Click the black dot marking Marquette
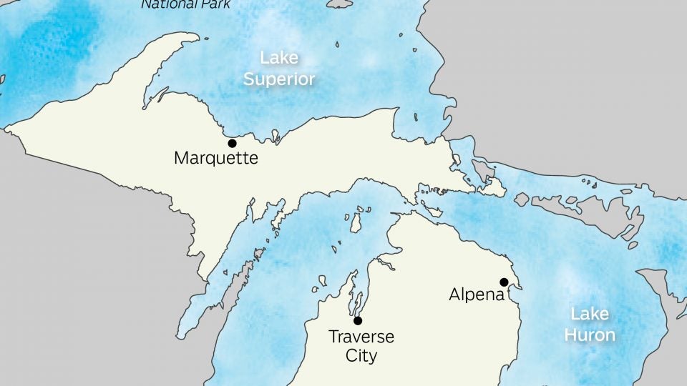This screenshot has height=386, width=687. click(232, 143)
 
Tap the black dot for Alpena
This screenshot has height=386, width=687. click(504, 282)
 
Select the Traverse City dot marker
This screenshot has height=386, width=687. click(358, 320)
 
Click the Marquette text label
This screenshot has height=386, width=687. click(215, 158)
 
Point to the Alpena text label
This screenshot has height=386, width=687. click(477, 295)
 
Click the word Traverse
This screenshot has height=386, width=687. click(361, 337)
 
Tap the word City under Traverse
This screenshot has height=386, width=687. click(361, 355)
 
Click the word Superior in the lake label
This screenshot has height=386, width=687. click(279, 79)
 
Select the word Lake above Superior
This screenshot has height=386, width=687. click(279, 58)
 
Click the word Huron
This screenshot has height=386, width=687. click(590, 335)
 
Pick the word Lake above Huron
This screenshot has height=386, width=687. click(590, 314)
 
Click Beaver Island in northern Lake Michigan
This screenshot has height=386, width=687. click(355, 222)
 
